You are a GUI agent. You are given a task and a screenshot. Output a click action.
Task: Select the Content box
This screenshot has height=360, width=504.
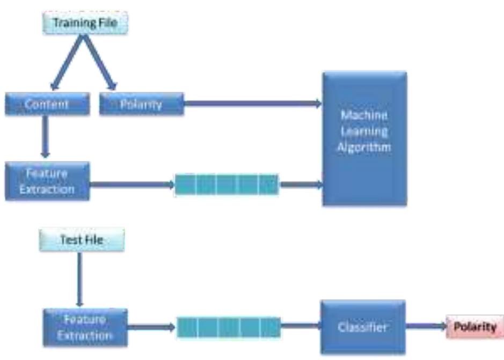(x=47, y=104)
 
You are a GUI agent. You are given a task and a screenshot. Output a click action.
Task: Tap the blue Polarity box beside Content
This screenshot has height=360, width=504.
(x=142, y=104)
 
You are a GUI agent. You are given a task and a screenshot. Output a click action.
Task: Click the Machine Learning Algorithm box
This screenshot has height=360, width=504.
(x=364, y=138)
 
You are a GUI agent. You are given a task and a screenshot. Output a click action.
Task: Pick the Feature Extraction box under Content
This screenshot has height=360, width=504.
(x=47, y=181)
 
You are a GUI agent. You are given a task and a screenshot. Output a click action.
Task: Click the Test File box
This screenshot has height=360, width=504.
(x=82, y=240)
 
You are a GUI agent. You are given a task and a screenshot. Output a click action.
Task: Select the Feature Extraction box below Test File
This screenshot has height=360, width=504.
(x=85, y=327)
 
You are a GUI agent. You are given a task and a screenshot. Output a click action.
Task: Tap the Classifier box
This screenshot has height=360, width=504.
(x=362, y=327)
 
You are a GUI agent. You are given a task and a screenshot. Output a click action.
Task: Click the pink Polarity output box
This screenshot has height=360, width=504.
(x=474, y=327)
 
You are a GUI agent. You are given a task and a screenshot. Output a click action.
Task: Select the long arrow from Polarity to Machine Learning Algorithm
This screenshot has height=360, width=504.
(x=252, y=104)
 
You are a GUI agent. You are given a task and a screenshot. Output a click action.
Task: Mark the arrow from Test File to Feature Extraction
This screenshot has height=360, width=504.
(x=80, y=279)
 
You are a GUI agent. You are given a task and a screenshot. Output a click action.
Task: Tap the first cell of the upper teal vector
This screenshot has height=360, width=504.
(x=186, y=185)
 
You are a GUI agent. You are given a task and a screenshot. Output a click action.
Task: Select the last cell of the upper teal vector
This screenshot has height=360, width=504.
(x=268, y=185)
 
